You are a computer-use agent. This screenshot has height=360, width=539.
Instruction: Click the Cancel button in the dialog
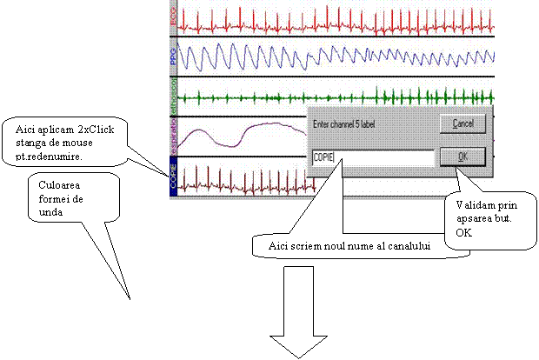[462, 124]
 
